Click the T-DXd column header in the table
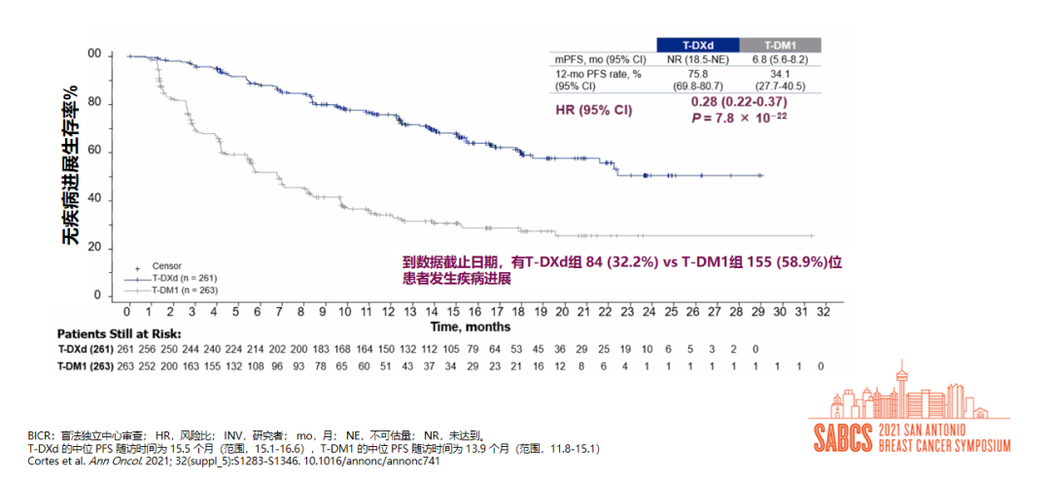click(x=698, y=45)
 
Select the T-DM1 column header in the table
click(x=781, y=45)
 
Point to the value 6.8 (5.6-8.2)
click(x=781, y=60)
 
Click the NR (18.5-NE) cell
click(x=698, y=60)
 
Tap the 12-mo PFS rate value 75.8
click(x=698, y=75)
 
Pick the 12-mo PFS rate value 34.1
click(x=781, y=75)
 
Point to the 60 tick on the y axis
click(x=95, y=151)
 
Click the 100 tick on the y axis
click(x=93, y=55)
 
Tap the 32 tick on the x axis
click(x=823, y=311)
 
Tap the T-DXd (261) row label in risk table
click(x=87, y=348)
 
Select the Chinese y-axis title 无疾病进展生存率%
click(x=71, y=165)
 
